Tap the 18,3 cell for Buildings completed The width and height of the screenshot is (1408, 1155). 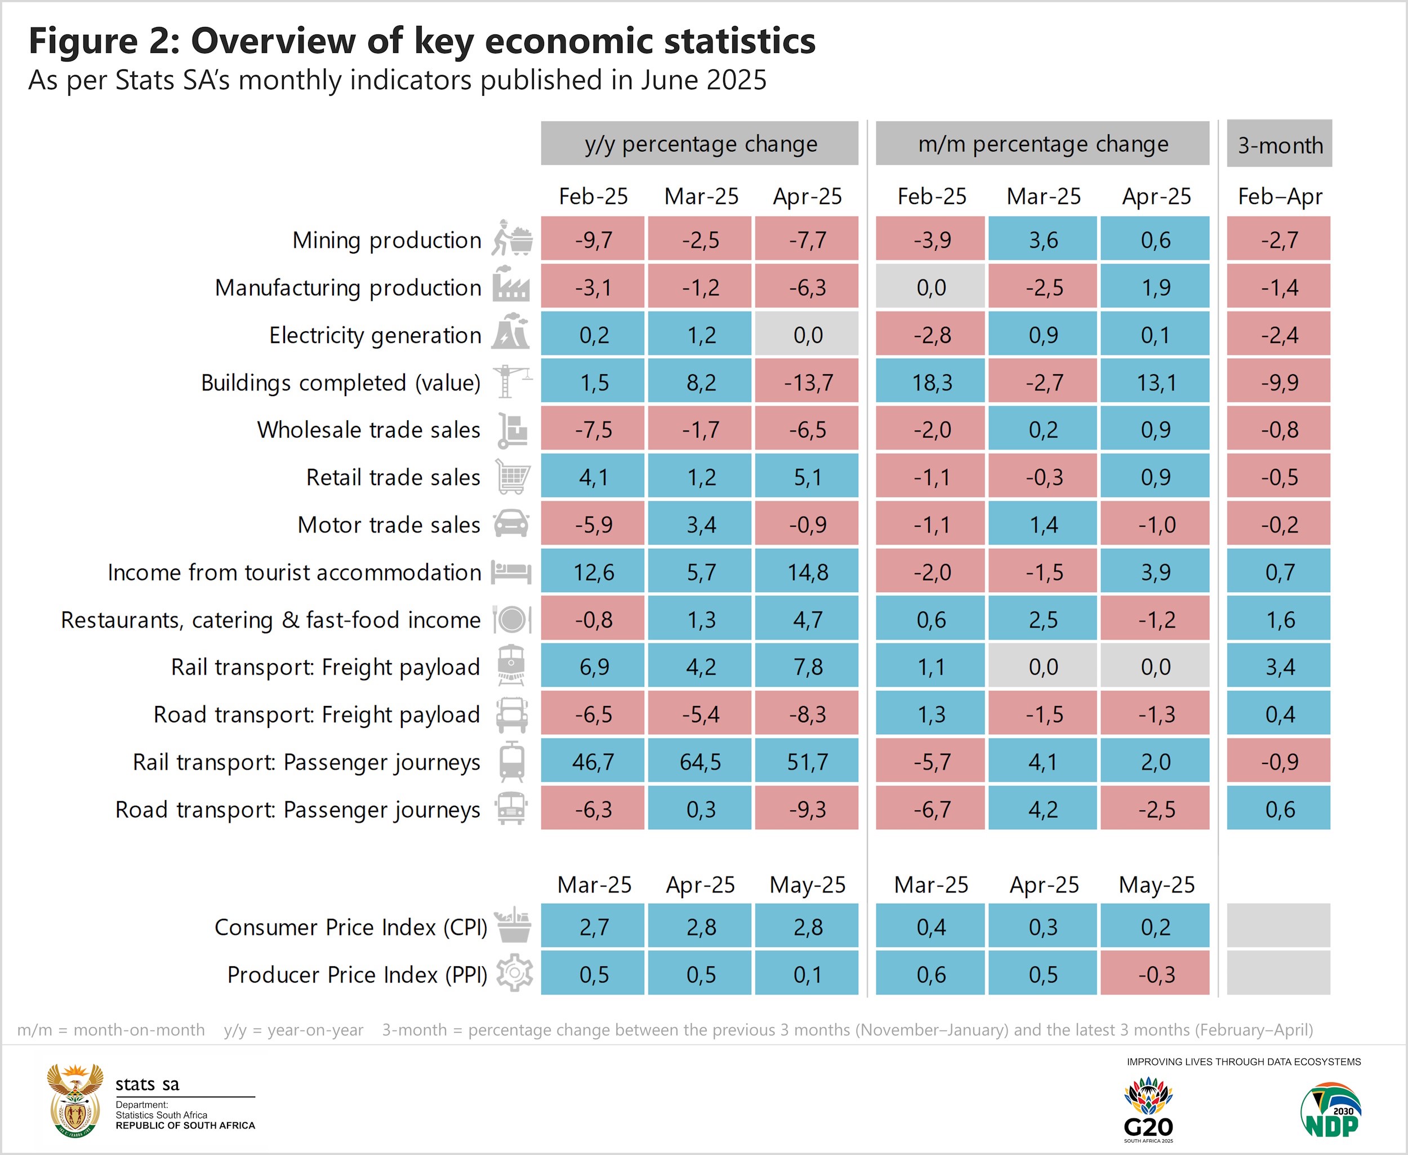pyautogui.click(x=930, y=383)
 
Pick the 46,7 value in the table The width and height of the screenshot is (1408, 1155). pyautogui.click(x=592, y=762)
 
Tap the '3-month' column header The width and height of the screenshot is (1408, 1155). pyautogui.click(x=1279, y=144)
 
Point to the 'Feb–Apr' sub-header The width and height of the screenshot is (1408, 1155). pyautogui.click(x=1279, y=196)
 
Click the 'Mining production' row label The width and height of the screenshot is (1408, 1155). pyautogui.click(x=386, y=240)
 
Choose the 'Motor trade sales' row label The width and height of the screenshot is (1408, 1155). pyautogui.click(x=389, y=525)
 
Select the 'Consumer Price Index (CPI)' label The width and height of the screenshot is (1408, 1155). pyautogui.click(x=350, y=927)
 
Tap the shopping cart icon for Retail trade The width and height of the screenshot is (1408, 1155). pyautogui.click(x=513, y=477)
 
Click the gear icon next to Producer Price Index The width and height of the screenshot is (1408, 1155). pyautogui.click(x=514, y=974)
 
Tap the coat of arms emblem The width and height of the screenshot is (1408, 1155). pyautogui.click(x=75, y=1100)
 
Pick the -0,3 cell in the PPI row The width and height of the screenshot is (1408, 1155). pyautogui.click(x=1155, y=975)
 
